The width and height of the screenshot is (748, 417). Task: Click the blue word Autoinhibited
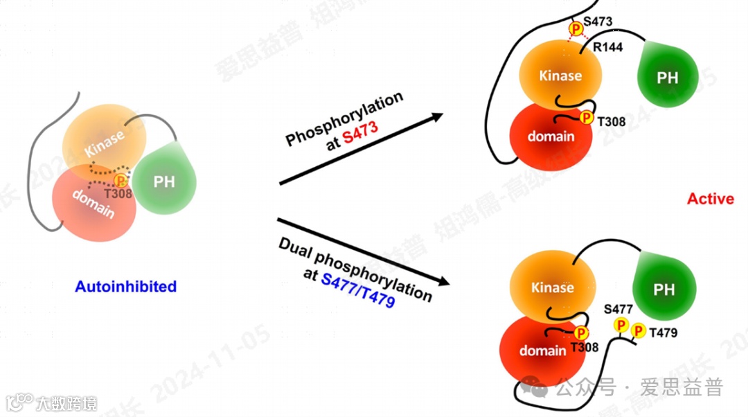tap(125, 286)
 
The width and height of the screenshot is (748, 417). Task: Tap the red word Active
tap(710, 199)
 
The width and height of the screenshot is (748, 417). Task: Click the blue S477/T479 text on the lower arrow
tap(358, 290)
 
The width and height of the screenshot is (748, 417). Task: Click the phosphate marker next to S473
tap(576, 28)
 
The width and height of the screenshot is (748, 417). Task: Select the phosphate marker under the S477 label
tap(621, 325)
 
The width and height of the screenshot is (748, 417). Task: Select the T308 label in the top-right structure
tap(612, 122)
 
